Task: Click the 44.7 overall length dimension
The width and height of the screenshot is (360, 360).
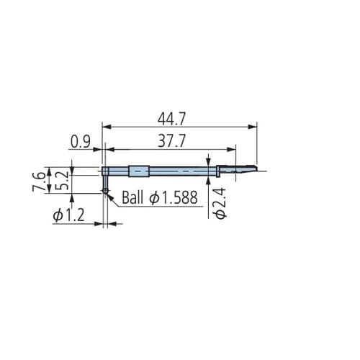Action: tap(171, 119)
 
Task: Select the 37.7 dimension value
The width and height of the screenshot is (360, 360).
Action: tap(171, 141)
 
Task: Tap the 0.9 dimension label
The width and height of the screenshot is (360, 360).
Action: tap(81, 142)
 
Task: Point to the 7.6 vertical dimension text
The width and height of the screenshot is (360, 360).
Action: tap(39, 181)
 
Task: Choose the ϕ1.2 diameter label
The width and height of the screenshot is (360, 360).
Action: tap(69, 215)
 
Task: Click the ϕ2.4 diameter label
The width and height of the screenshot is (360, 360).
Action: tap(220, 204)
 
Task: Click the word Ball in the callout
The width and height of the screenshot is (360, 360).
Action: tap(132, 197)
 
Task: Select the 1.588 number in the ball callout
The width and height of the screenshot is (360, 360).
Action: tap(179, 198)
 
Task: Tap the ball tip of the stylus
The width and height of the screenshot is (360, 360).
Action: tap(105, 191)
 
